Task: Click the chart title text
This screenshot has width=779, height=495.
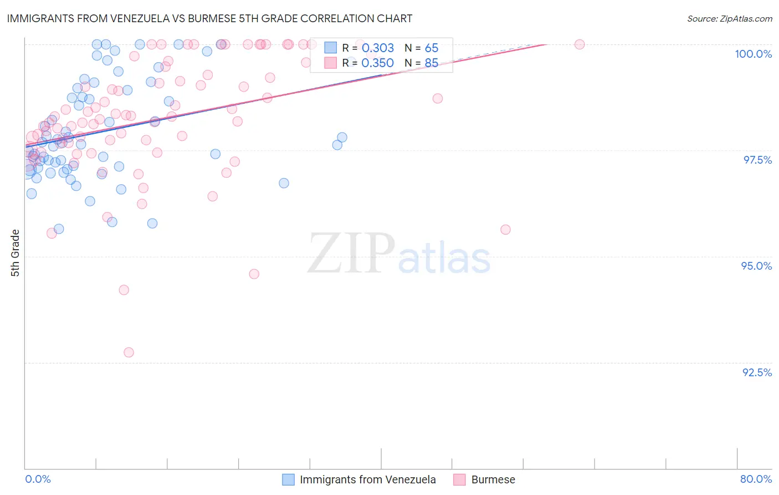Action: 209,18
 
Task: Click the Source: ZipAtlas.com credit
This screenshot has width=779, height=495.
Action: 729,19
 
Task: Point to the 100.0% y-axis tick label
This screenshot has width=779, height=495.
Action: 753,54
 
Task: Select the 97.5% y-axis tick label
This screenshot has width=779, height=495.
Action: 757,160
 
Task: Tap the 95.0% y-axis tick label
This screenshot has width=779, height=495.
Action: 756,266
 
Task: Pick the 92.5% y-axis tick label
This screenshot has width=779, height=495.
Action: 757,372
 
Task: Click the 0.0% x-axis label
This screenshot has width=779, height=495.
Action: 38,479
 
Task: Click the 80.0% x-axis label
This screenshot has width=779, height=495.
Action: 756,479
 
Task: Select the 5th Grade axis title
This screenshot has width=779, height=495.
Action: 15,253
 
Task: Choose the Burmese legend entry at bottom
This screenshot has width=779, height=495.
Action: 493,479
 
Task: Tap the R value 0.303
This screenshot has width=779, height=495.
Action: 377,48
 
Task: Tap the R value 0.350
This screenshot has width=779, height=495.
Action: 377,63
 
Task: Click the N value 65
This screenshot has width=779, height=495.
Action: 431,48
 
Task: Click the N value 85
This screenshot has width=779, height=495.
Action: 431,63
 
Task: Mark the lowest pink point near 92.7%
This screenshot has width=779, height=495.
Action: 129,352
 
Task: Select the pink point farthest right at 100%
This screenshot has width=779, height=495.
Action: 580,44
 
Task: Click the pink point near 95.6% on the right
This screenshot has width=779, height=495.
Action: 505,230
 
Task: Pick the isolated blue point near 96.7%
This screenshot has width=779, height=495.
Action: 284,183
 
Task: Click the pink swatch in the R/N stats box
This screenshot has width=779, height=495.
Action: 331,63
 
